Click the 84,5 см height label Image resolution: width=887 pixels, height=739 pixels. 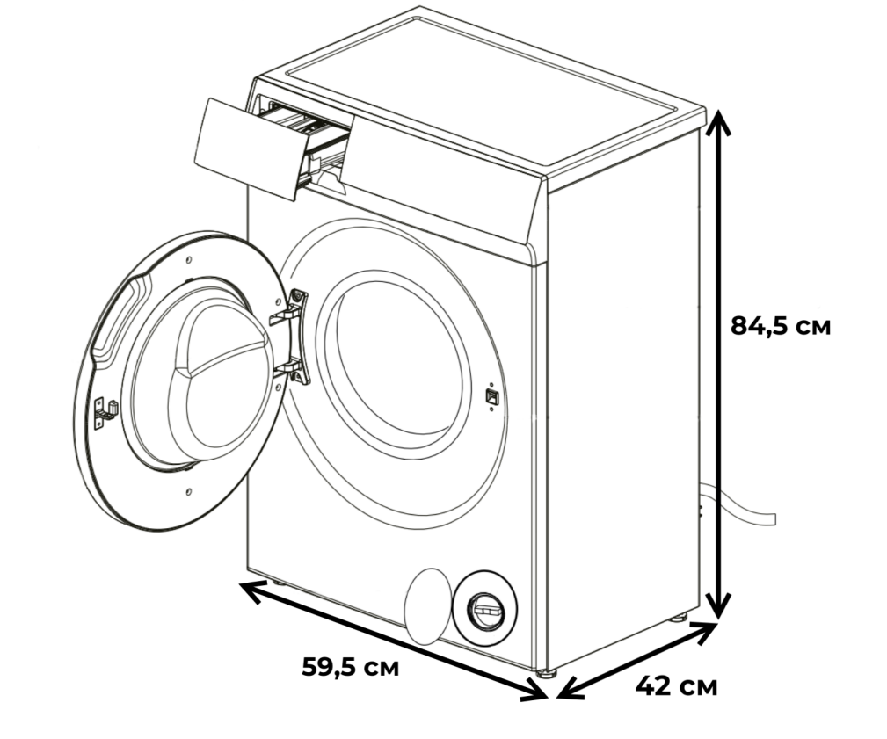click(x=781, y=326)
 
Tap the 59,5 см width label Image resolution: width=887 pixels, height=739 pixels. click(x=351, y=667)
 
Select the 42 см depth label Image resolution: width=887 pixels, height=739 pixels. click(x=676, y=686)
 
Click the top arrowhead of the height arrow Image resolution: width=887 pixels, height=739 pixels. click(x=717, y=121)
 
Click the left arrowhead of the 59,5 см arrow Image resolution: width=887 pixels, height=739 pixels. click(x=252, y=590)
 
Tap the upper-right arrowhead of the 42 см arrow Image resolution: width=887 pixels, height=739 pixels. click(x=704, y=630)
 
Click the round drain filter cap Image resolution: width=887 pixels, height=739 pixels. click(x=484, y=609)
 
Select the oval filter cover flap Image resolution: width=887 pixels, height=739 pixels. click(x=429, y=606)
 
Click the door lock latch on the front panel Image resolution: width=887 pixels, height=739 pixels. click(x=491, y=395)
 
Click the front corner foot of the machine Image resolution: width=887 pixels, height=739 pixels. click(x=546, y=673)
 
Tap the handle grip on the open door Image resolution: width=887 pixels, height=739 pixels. click(x=115, y=320)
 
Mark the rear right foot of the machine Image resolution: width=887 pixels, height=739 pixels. click(x=679, y=618)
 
